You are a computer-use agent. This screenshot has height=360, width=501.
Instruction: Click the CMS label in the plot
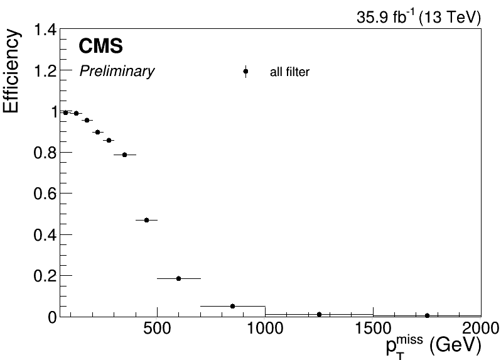click(100, 46)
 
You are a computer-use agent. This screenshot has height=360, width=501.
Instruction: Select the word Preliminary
click(116, 72)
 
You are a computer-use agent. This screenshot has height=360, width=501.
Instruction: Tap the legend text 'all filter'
click(289, 73)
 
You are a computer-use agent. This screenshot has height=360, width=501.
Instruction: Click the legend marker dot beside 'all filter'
click(245, 72)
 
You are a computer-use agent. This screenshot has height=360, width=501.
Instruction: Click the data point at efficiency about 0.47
click(146, 220)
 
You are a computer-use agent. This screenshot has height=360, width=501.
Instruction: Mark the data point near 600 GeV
click(178, 278)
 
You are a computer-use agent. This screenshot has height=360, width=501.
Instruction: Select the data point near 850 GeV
click(232, 306)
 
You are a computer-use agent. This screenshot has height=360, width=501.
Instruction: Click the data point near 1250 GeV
click(319, 314)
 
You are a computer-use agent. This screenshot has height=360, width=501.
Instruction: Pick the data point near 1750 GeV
click(427, 315)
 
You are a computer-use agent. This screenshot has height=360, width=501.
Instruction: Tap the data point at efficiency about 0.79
click(124, 155)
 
